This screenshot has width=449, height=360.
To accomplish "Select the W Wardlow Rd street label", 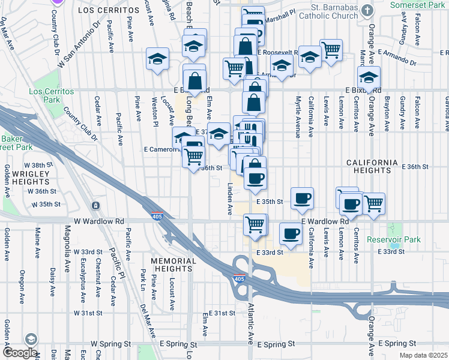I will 98,221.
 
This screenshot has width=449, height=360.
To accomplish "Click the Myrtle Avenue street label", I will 297,117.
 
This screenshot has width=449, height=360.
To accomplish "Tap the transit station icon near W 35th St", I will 95,206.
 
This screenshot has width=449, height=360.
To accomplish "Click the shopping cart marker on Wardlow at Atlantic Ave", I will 255,224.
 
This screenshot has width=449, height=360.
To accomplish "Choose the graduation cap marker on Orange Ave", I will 369,76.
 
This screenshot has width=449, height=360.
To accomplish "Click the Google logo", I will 20,353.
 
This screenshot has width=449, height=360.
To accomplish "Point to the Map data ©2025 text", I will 424,356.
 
